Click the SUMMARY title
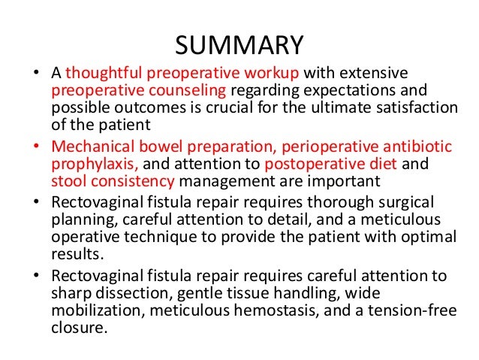click(239, 44)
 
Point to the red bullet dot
click(36, 144)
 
